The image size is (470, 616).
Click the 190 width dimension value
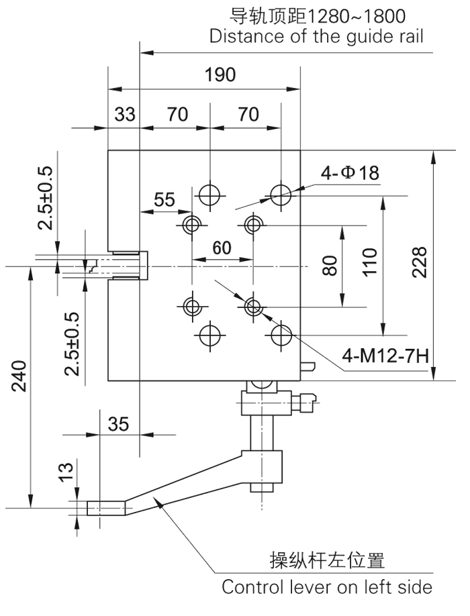pyautogui.click(x=220, y=74)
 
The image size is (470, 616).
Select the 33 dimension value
pyautogui.click(x=124, y=115)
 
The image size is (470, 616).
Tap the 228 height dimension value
pyautogui.click(x=419, y=264)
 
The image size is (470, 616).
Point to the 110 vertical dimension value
pyautogui.click(x=368, y=263)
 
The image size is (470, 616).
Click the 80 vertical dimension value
pyautogui.click(x=329, y=264)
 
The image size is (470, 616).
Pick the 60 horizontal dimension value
pyautogui.click(x=222, y=248)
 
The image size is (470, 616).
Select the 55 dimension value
pyautogui.click(x=164, y=199)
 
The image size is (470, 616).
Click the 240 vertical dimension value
pyautogui.click(x=18, y=380)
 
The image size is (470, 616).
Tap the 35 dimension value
pyautogui.click(x=117, y=424)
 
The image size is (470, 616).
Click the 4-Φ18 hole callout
pyautogui.click(x=350, y=173)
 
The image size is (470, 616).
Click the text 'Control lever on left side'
pyautogui.click(x=327, y=587)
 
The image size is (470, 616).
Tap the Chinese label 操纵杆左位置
pyautogui.click(x=327, y=559)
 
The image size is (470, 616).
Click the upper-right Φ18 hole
pyautogui.click(x=281, y=195)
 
